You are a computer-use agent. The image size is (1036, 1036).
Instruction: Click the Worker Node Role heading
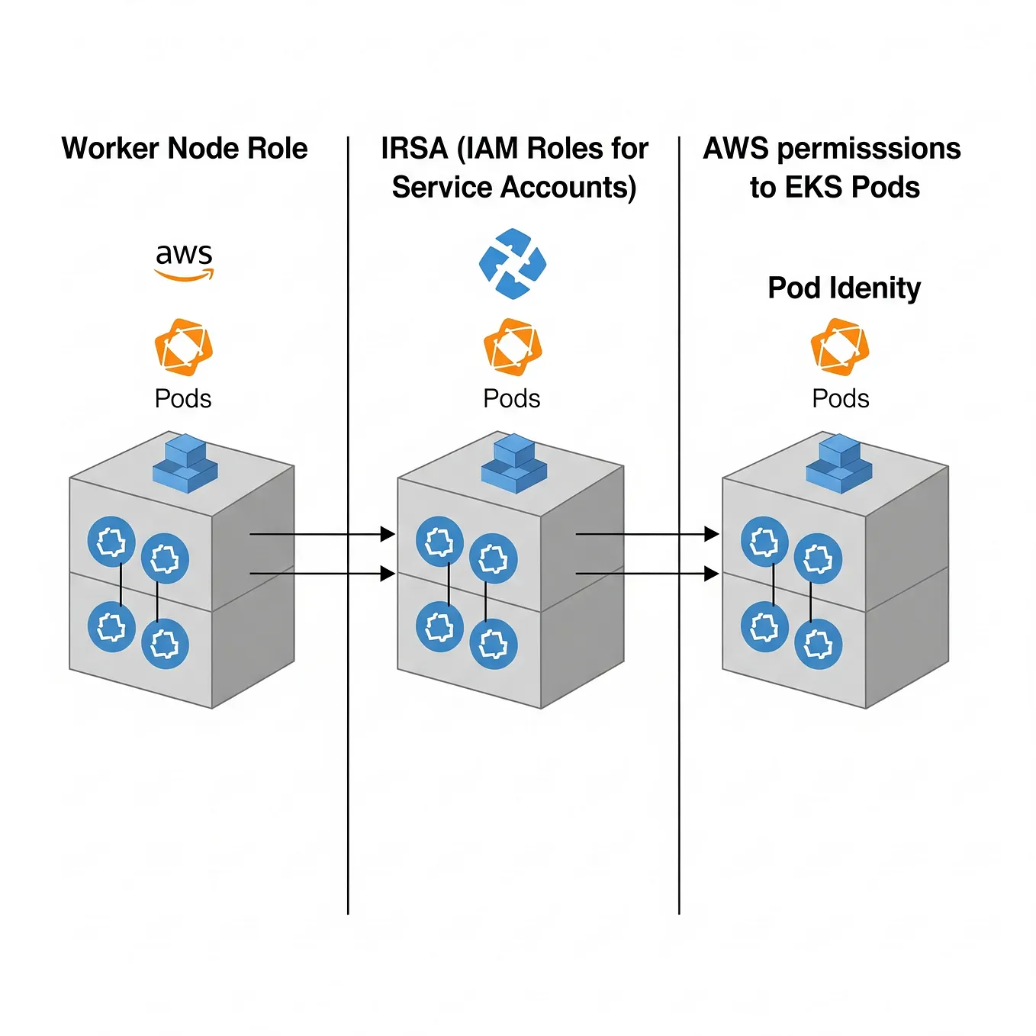(185, 148)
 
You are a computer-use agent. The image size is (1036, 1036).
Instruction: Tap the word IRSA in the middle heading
(413, 148)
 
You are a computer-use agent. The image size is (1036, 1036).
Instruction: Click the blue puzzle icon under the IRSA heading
(513, 263)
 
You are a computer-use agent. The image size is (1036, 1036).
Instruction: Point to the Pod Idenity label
(844, 288)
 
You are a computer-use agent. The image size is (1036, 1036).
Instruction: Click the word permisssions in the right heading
(869, 148)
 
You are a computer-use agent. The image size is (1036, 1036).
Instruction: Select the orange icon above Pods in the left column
(183, 347)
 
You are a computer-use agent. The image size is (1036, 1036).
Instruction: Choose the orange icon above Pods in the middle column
(513, 347)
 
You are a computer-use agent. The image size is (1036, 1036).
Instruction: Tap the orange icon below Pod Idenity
(840, 347)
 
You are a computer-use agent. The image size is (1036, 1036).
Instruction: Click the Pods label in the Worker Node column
(183, 398)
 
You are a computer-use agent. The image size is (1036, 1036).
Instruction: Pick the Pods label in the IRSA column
(512, 398)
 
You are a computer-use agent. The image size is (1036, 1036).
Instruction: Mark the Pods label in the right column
(841, 398)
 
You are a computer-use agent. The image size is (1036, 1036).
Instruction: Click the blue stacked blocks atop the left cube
(185, 463)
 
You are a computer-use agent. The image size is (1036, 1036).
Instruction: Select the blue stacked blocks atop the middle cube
(514, 463)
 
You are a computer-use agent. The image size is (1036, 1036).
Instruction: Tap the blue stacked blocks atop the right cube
(839, 463)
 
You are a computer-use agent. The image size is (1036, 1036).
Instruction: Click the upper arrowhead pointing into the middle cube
(388, 534)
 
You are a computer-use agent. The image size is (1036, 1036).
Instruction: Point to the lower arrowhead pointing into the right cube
(711, 574)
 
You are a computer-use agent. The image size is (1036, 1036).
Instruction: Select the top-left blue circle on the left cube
(111, 542)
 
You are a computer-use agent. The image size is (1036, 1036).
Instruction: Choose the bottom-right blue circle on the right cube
(819, 644)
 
